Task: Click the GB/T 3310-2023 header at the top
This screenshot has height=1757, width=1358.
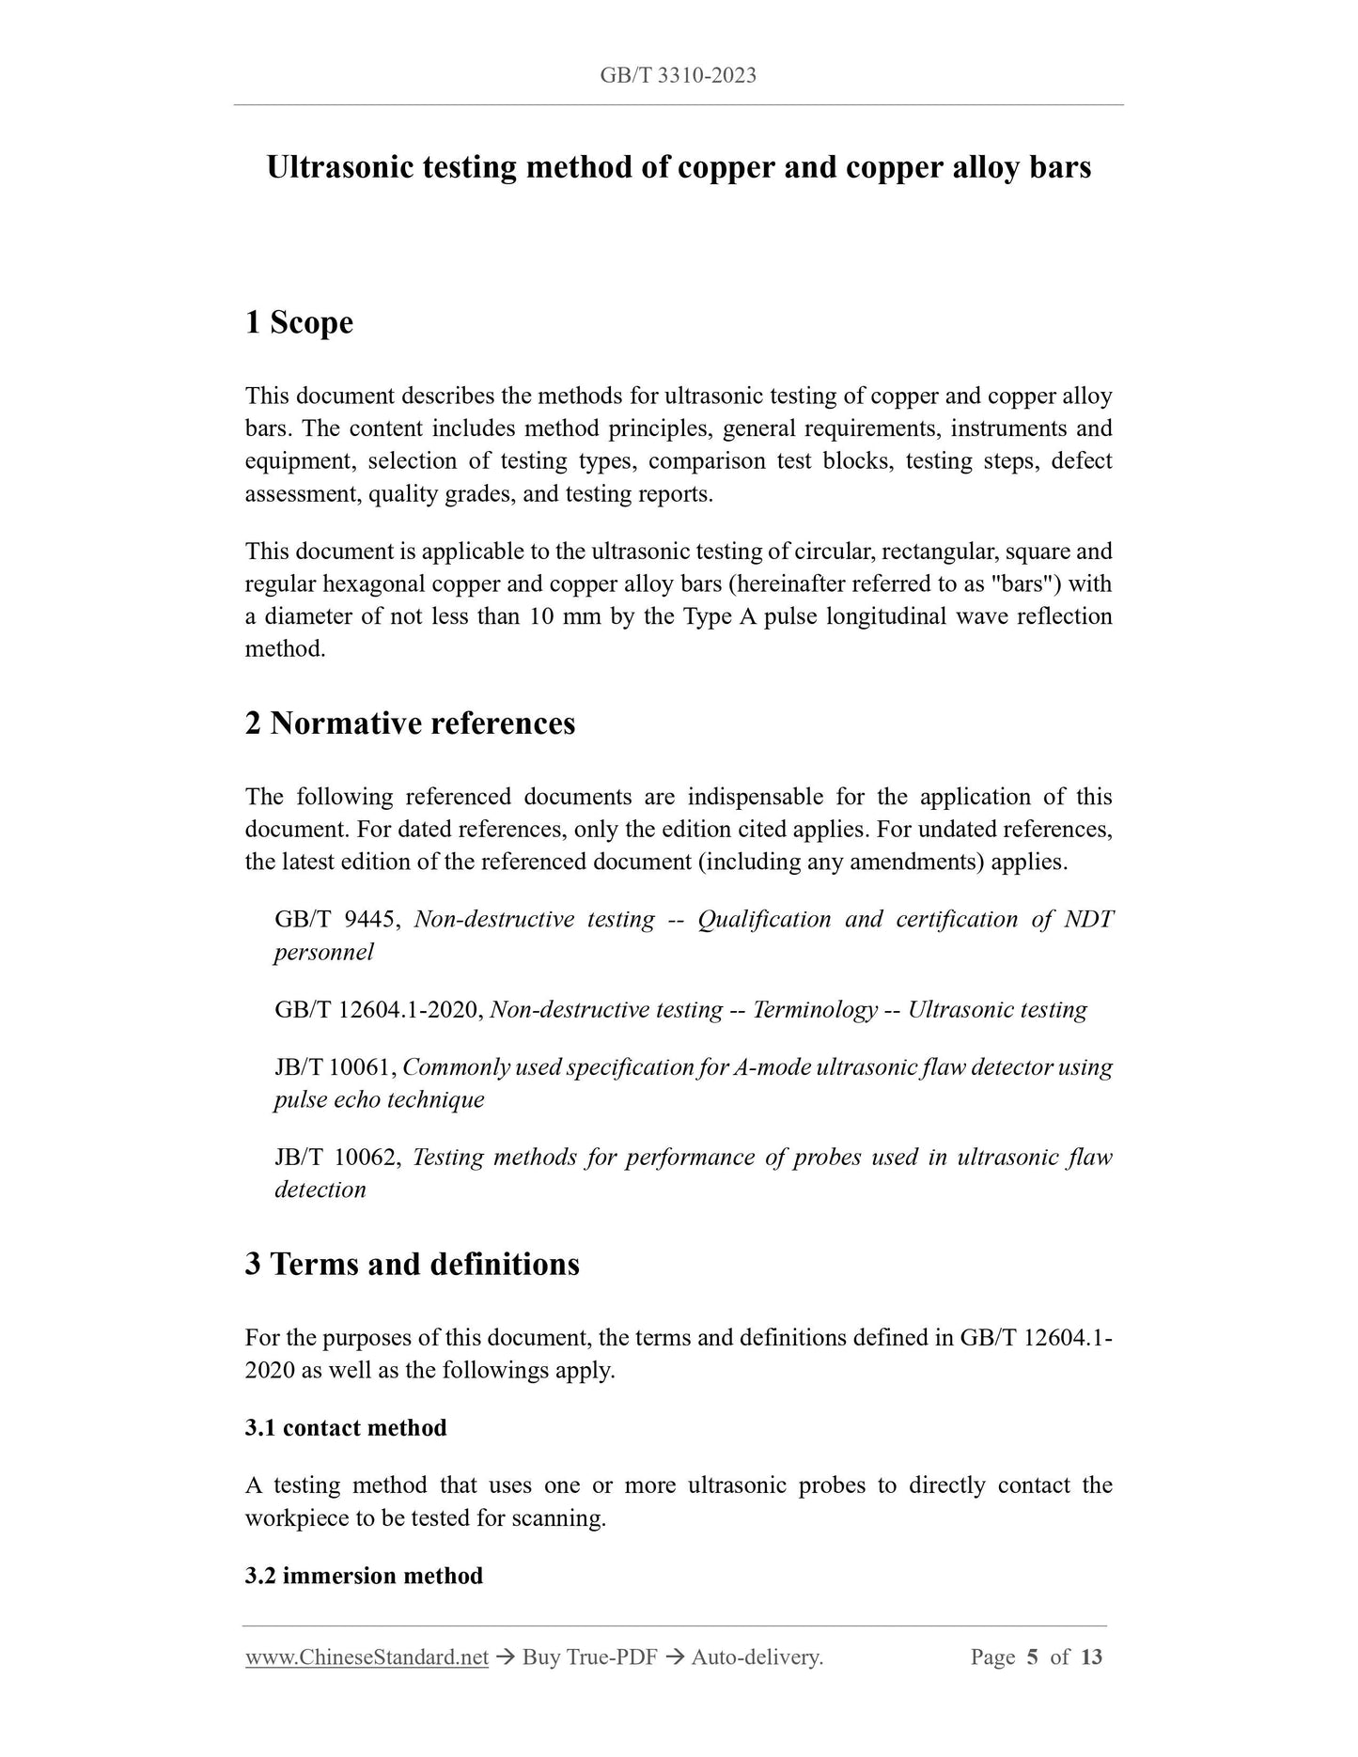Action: [x=678, y=75]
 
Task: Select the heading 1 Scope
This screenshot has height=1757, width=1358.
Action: [x=299, y=322]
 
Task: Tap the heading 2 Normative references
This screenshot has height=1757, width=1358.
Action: [x=410, y=723]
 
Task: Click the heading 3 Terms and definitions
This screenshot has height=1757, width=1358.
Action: [x=412, y=1264]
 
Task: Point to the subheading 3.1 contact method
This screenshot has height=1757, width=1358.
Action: [x=346, y=1427]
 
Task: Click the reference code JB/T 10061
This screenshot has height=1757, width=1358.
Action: [x=335, y=1066]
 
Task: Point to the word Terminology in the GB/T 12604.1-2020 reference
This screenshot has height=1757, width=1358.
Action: [x=815, y=1009]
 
